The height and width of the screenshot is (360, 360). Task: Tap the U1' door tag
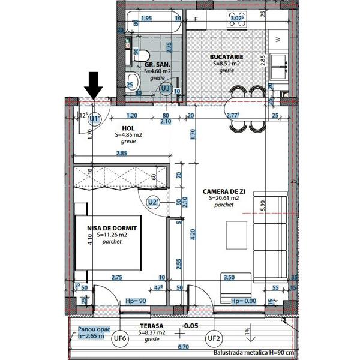(94, 119)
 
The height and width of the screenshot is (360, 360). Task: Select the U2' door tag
(154, 202)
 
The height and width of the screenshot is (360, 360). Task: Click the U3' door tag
(166, 89)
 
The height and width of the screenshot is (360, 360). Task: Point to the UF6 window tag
(121, 338)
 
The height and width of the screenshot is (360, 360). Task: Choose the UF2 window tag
(214, 338)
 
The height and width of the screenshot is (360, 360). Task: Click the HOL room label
(128, 128)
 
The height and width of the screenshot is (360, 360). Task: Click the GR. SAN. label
(155, 64)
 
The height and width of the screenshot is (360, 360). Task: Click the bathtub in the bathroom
(154, 18)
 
